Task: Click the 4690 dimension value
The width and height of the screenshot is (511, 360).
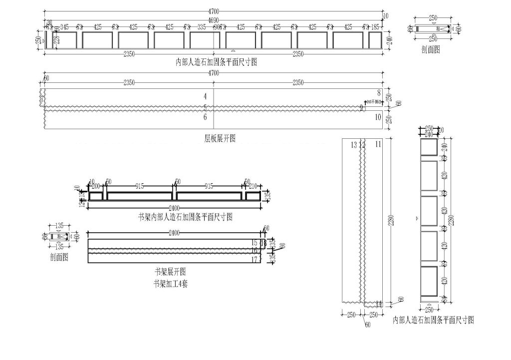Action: click(x=213, y=20)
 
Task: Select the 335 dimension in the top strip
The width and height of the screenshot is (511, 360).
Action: click(x=202, y=27)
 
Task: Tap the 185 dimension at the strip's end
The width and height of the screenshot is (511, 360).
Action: click(x=375, y=27)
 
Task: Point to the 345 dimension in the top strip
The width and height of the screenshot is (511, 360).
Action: click(x=64, y=27)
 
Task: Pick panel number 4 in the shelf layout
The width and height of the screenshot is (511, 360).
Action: click(x=205, y=95)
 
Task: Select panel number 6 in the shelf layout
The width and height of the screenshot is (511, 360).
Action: click(x=205, y=117)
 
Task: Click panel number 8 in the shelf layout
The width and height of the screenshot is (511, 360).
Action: click(x=379, y=92)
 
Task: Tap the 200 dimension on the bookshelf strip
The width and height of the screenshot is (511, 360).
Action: click(x=96, y=186)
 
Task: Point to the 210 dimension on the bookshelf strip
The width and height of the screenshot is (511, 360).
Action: click(x=253, y=186)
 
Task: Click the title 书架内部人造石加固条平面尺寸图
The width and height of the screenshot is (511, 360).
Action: click(x=185, y=217)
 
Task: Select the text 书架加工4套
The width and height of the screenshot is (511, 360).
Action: click(x=171, y=284)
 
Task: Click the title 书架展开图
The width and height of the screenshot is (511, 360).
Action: click(x=170, y=273)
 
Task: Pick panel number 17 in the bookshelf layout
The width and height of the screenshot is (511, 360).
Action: click(x=255, y=260)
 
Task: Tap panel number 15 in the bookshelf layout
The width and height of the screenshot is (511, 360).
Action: click(x=255, y=242)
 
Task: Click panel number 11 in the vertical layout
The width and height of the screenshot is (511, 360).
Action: click(x=378, y=144)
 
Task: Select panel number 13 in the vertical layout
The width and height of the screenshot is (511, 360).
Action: click(x=353, y=145)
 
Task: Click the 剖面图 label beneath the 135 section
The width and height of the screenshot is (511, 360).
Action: click(x=59, y=257)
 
